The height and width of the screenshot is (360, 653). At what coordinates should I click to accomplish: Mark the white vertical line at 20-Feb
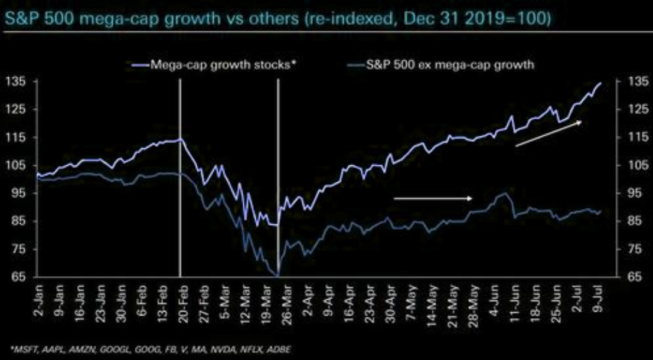tap(179, 177)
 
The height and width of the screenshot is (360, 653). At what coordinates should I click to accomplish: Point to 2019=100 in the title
tap(510, 19)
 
